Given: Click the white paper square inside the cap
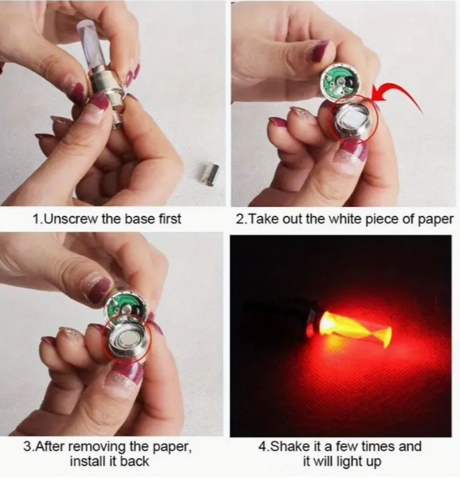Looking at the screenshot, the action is pos(352,118).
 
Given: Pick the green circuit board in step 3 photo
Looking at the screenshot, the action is pos(124,309).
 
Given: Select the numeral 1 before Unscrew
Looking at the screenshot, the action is pos(36,219).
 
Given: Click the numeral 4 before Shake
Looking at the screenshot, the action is pos(263,446).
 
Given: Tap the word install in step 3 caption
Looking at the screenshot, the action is pos(88,461).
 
